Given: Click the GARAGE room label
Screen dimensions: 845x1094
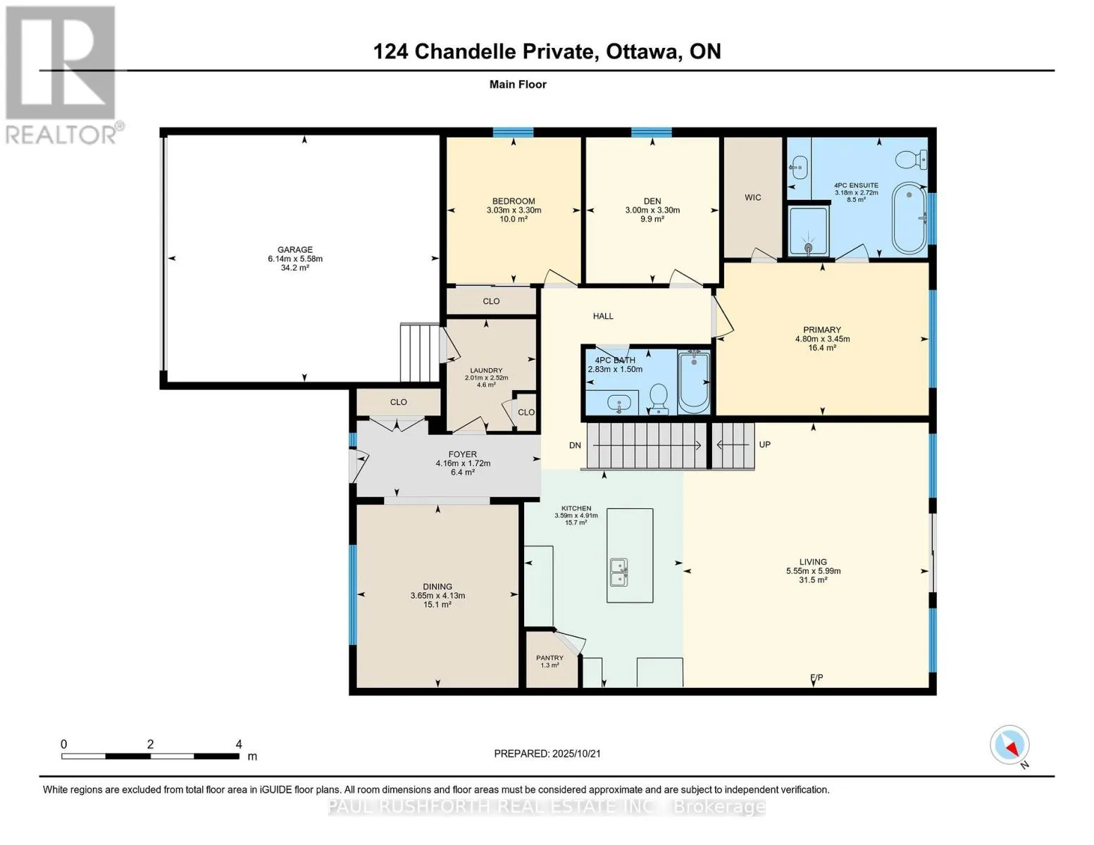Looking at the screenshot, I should pos(294,249).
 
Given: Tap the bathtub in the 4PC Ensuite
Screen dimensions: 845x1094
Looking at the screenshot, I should pos(910,218).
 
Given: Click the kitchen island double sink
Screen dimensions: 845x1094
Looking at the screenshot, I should pos(619,572).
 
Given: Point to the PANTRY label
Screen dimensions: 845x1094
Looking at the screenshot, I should pos(549,658).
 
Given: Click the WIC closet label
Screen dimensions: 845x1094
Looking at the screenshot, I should pos(752,197).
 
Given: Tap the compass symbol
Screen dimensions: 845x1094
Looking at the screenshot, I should pos(1010,745).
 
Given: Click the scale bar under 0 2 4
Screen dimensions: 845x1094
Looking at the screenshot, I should pos(150,756).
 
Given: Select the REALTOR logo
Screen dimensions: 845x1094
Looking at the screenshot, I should pos(61,74).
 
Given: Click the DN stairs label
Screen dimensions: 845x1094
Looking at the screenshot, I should pos(575,445).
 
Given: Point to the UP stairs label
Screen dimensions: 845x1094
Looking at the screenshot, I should pos(764,444).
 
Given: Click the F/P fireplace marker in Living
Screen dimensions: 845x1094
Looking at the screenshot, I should pos(816,677).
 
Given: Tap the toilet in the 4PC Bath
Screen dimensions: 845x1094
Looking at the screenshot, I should pos(659,398).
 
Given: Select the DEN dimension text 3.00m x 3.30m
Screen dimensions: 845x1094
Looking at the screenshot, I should pos(652,210).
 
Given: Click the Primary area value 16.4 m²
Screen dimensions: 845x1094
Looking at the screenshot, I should pos(822,348).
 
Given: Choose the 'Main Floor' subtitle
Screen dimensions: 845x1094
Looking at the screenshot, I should pos(518,84).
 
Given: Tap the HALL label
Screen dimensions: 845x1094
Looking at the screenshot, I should pos(603,316).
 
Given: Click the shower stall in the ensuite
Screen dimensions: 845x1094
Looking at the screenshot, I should pos(807,230).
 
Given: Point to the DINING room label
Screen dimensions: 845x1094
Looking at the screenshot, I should pos(437,587).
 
